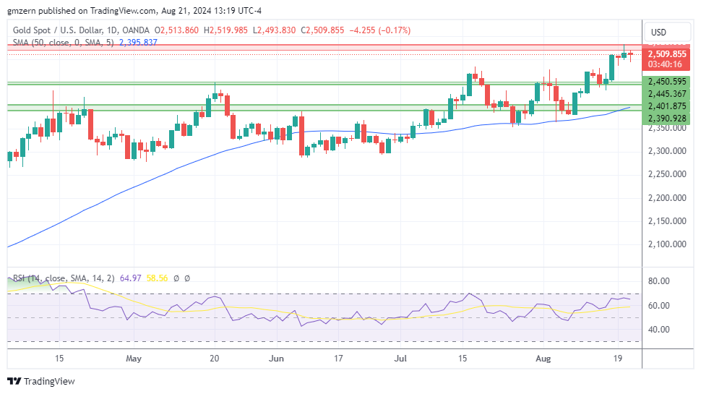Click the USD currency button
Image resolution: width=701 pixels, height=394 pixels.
[658, 32]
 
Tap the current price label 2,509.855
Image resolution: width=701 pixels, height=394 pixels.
[667, 53]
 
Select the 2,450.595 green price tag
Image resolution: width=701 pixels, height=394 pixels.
[667, 82]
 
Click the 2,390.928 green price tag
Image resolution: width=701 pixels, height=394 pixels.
[667, 118]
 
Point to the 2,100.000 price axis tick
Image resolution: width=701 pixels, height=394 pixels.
[666, 244]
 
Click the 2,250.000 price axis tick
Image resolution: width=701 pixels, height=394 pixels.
[666, 174]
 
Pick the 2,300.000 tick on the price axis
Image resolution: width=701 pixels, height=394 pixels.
[666, 151]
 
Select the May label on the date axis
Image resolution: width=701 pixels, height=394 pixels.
[133, 358]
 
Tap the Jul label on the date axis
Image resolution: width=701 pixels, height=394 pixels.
[400, 358]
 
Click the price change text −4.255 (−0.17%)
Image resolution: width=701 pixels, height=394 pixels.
[380, 30]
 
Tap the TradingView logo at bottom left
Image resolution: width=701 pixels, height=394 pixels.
[41, 381]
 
